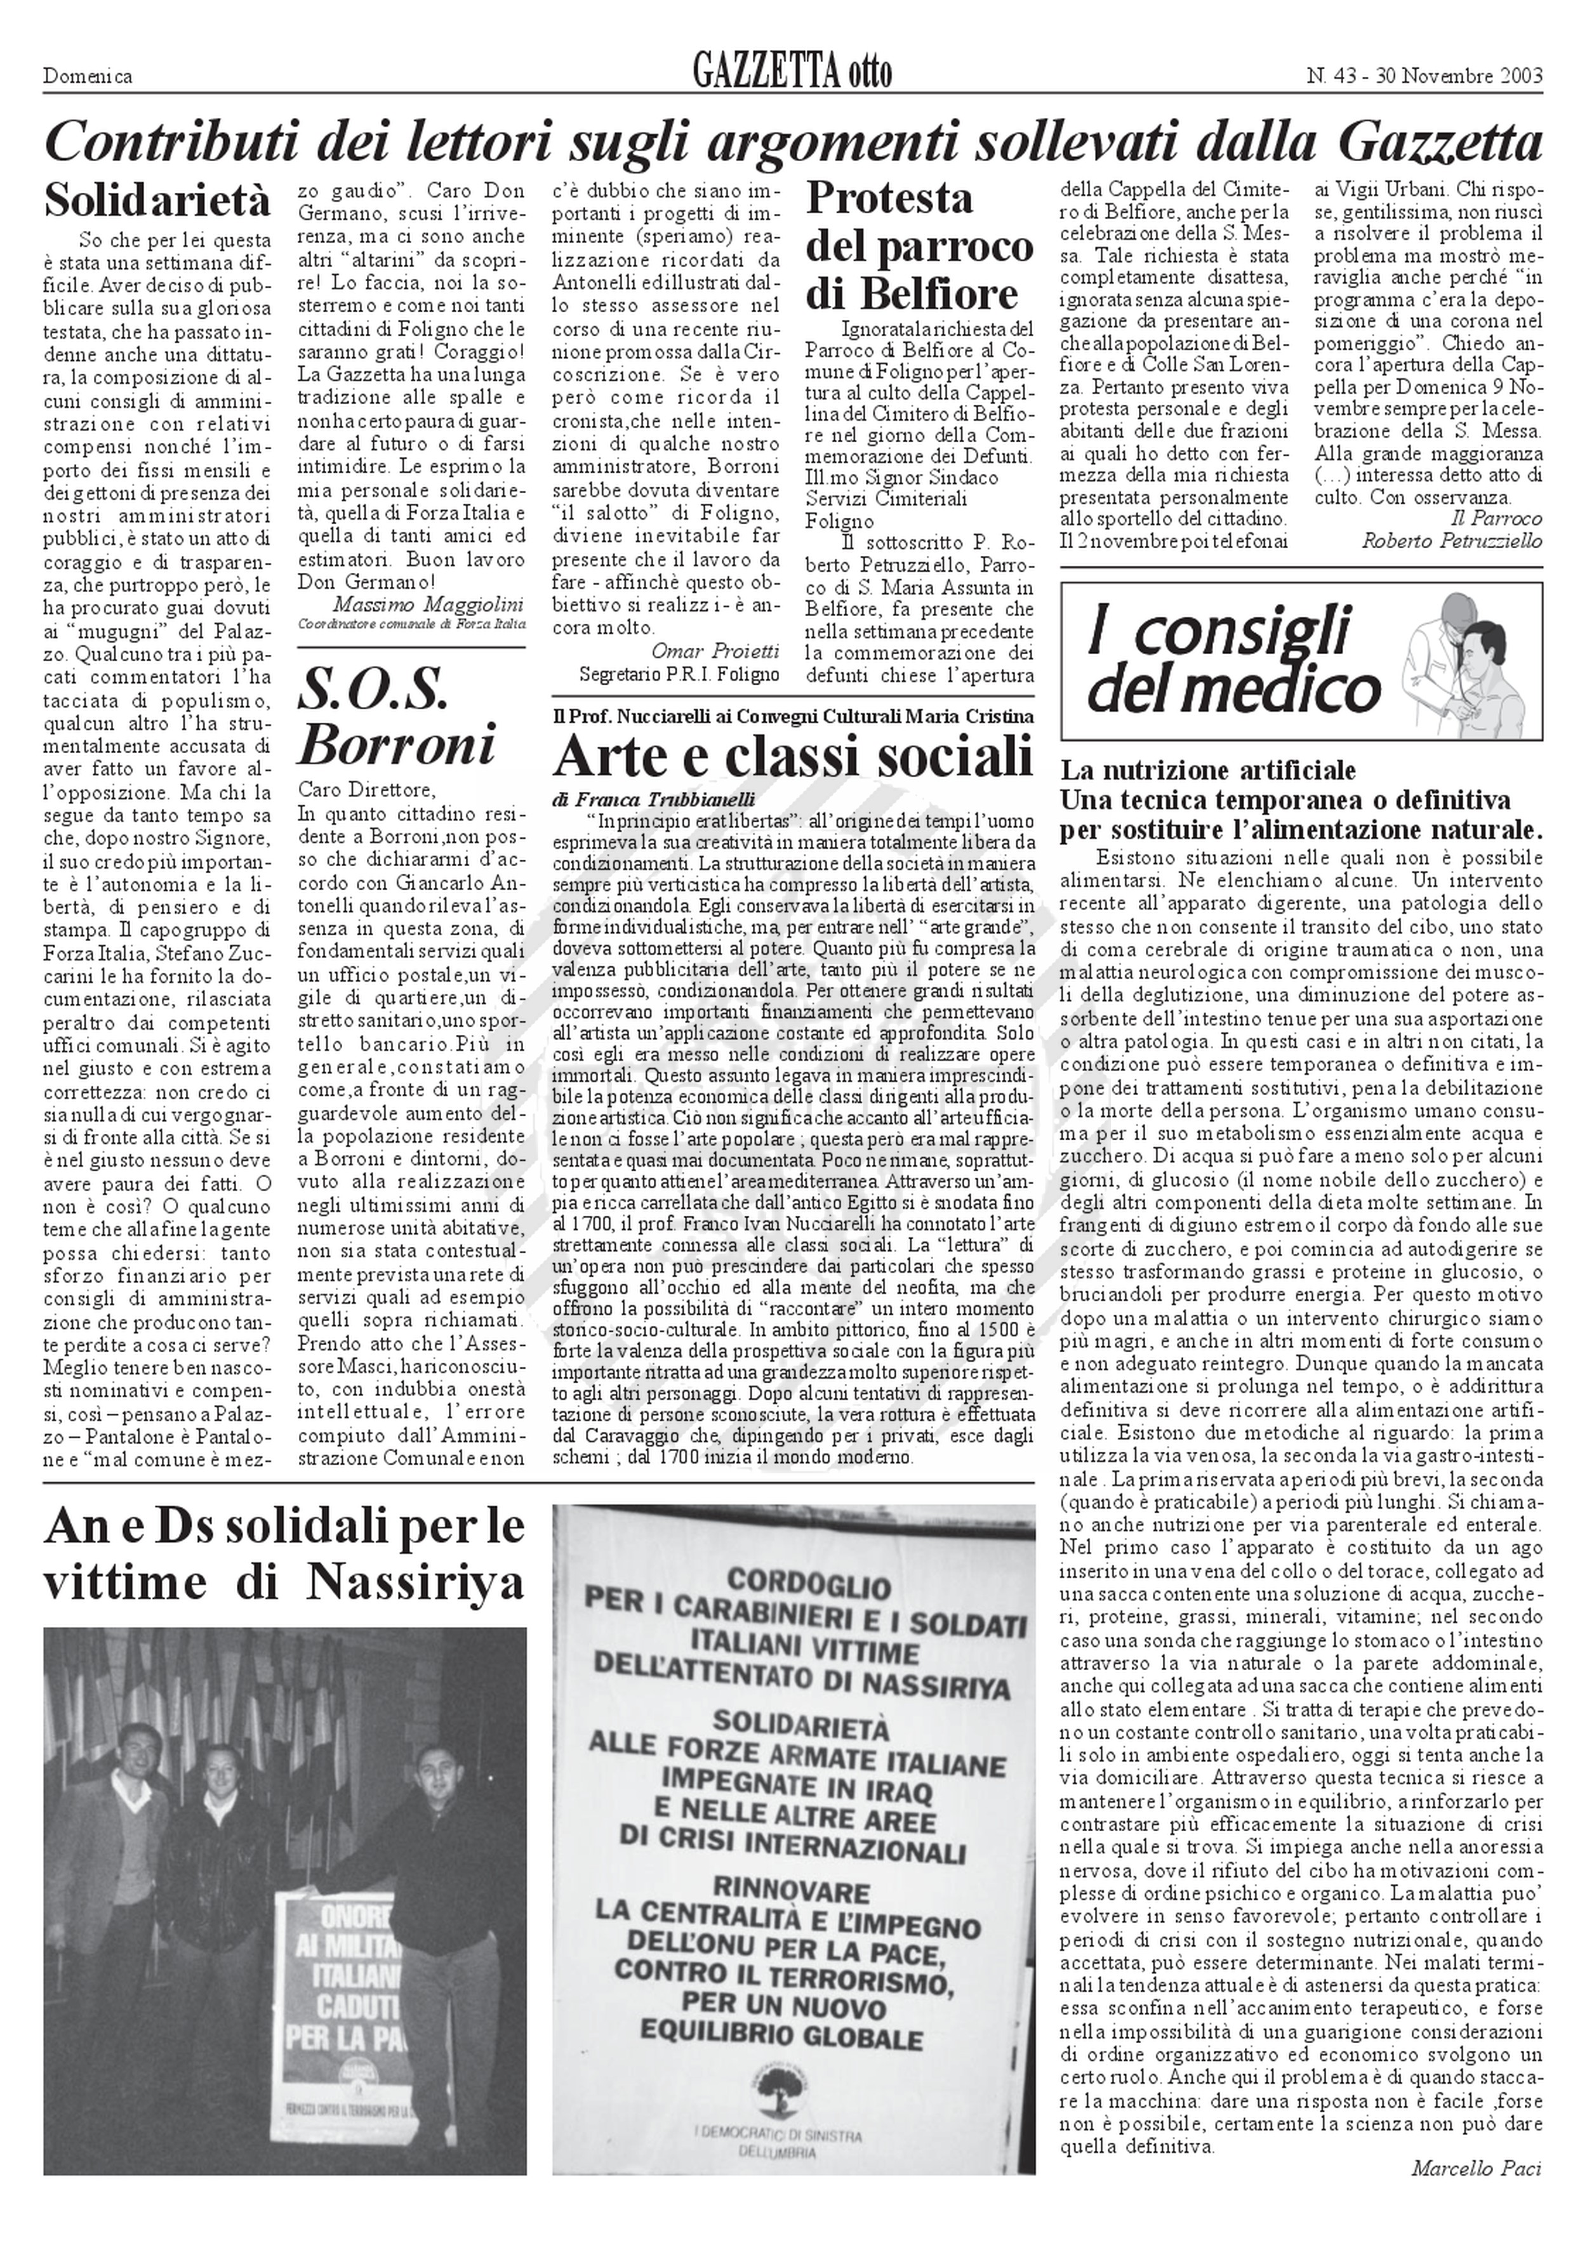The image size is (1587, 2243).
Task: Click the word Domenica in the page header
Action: click(x=88, y=76)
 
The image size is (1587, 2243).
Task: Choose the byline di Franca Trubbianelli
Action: click(x=654, y=798)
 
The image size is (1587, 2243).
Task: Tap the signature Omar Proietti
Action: click(x=715, y=650)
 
